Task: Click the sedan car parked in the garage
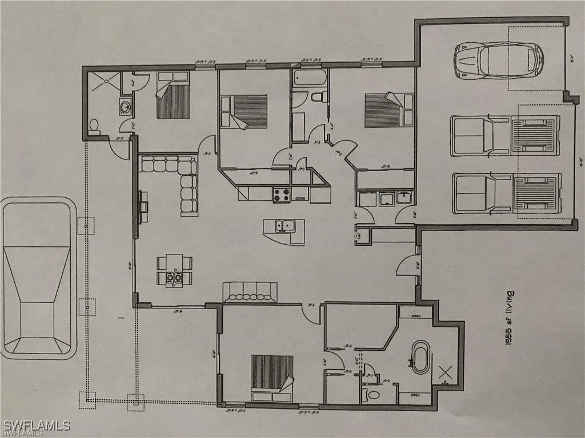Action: [x=498, y=59]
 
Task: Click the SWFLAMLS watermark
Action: [x=37, y=425]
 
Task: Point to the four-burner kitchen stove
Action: [x=281, y=194]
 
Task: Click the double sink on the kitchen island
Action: [x=284, y=225]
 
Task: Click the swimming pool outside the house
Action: [x=39, y=278]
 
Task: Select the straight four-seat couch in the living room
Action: [x=250, y=291]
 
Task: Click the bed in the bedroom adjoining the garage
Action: [x=388, y=109]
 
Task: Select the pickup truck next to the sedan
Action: [x=505, y=135]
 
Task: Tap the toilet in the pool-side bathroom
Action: [x=95, y=125]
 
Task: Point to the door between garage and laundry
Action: [x=406, y=216]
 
